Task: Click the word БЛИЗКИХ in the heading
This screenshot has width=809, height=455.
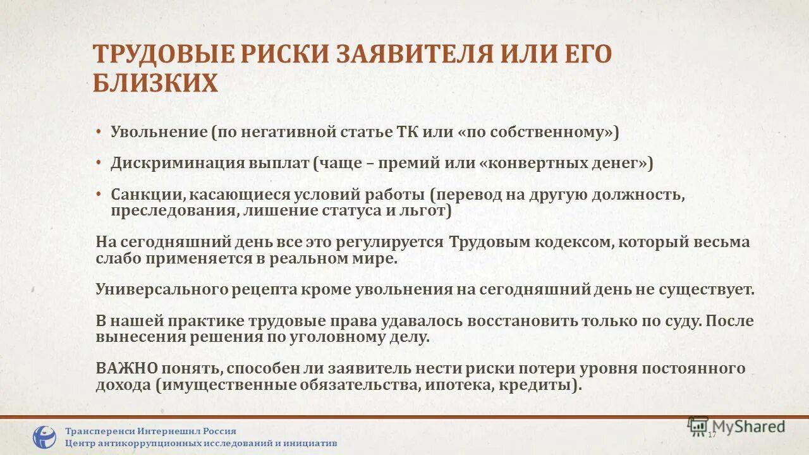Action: (x=155, y=83)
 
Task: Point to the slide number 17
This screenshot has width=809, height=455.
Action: (x=712, y=435)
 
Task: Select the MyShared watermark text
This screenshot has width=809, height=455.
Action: (x=749, y=427)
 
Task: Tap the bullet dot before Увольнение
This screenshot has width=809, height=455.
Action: (x=99, y=132)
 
